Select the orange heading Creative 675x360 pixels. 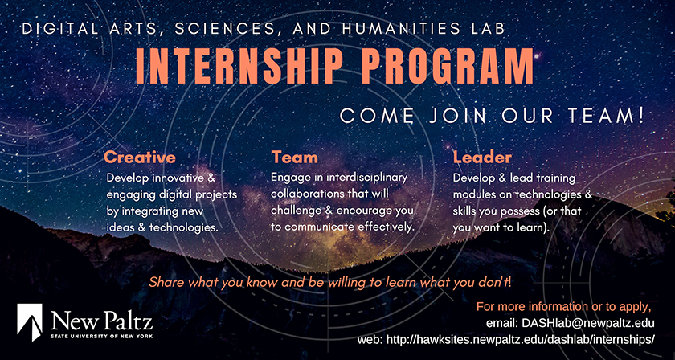coord(140,157)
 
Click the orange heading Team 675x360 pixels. coord(294,157)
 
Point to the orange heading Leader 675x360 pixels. coord(483,157)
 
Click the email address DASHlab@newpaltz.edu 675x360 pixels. coord(588,323)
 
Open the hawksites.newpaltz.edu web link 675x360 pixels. coord(521,340)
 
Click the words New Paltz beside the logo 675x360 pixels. coord(101,321)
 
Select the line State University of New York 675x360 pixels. coord(101,335)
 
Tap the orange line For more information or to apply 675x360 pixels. coord(563,307)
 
